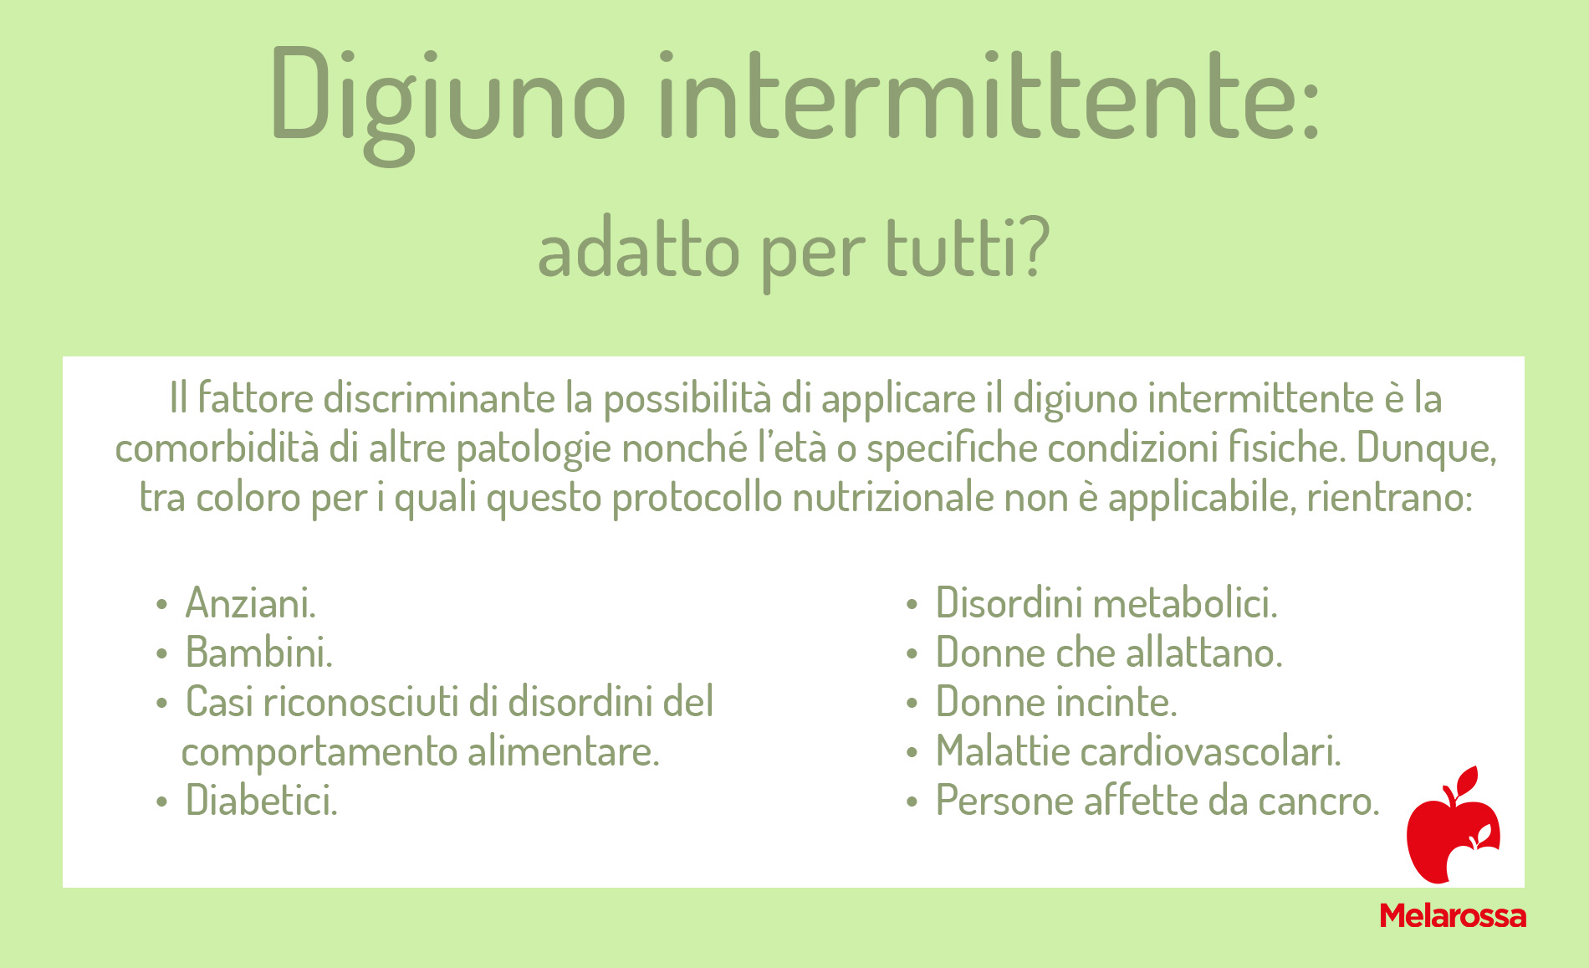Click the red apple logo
(x=1454, y=825)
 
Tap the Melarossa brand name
(x=1453, y=915)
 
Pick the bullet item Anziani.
(x=251, y=602)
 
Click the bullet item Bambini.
(x=259, y=652)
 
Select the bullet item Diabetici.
(x=262, y=800)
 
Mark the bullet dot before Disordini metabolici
(x=912, y=604)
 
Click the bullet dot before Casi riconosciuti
(x=162, y=703)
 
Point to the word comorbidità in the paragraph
(x=217, y=448)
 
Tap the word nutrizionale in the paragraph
(x=892, y=498)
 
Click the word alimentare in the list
(x=564, y=750)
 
